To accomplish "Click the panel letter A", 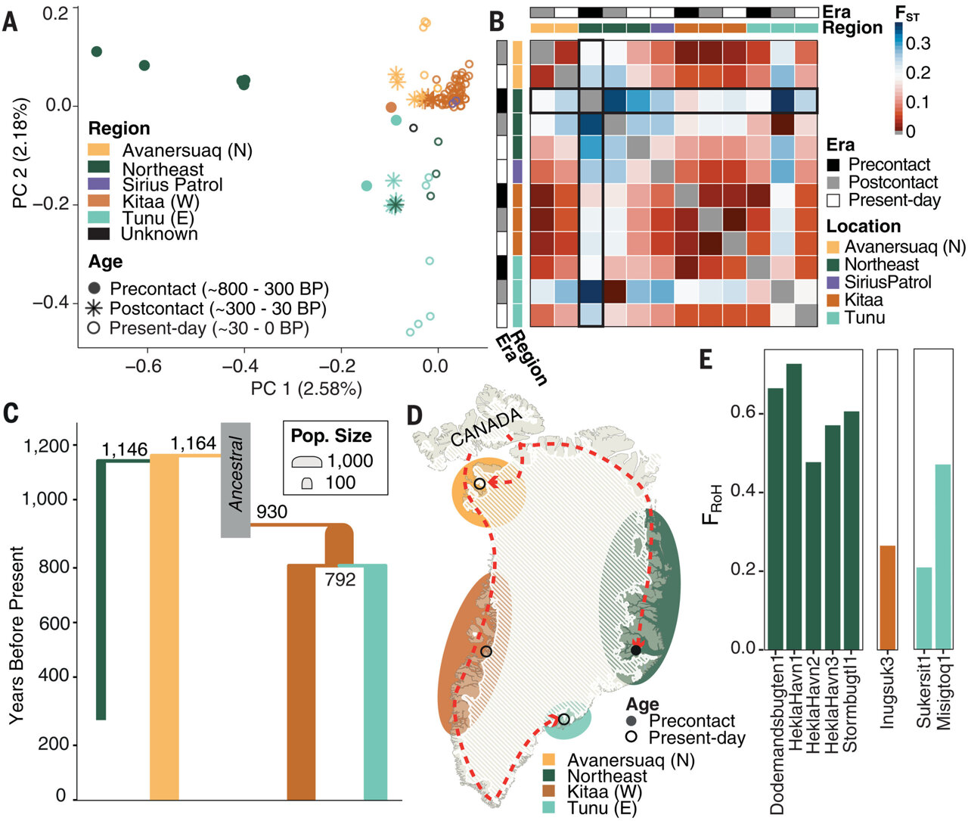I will pos(10,20).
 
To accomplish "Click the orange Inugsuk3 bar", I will pos(887,597).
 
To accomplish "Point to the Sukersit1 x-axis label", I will pos(924,693).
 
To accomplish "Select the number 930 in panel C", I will pos(271,512).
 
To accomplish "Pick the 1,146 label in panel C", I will pos(124,450).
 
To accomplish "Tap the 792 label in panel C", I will pos(340,581).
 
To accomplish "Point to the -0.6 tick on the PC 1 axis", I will pos(144,366).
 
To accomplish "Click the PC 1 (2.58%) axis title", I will pos(306,389).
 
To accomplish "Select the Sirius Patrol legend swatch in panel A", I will pos(99,185).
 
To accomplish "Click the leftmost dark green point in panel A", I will pos(97,51).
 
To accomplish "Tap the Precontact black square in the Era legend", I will pos(834,164).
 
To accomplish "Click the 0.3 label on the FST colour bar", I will pos(918,43).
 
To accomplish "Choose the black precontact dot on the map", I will pos(636,650).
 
